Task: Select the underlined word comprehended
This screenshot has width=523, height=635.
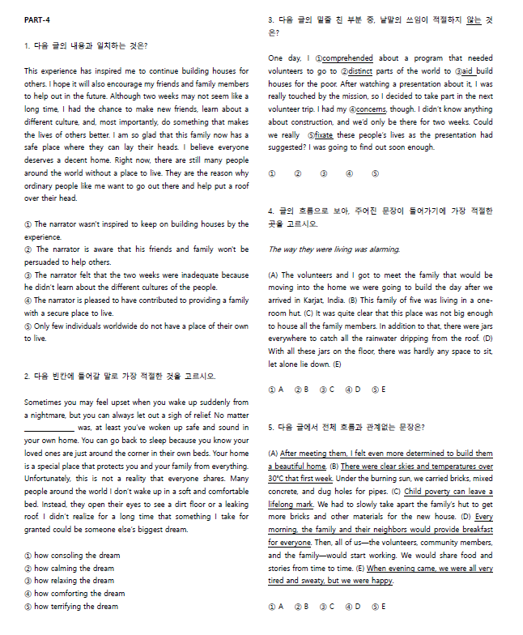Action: coord(348,58)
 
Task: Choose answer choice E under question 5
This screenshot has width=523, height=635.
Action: coord(379,606)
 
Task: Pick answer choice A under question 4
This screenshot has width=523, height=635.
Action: coord(276,389)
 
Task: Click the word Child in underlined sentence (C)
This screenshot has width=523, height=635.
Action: coord(414,492)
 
